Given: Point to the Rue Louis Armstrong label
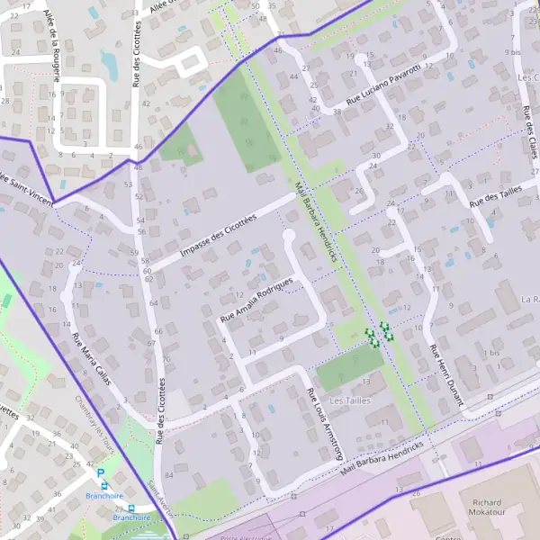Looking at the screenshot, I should pyautogui.click(x=326, y=423).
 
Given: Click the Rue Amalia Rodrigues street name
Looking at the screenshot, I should pyautogui.click(x=257, y=301).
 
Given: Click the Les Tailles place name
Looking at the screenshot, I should pyautogui.click(x=350, y=400).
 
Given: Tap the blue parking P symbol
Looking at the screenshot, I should pyautogui.click(x=101, y=472).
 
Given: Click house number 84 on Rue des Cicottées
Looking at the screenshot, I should pyautogui.click(x=169, y=463).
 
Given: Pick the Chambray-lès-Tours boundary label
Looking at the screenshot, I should pyautogui.click(x=90, y=418).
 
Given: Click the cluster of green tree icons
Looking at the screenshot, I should pyautogui.click(x=379, y=333).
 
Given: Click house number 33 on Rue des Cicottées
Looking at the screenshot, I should pyautogui.click(x=134, y=13).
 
